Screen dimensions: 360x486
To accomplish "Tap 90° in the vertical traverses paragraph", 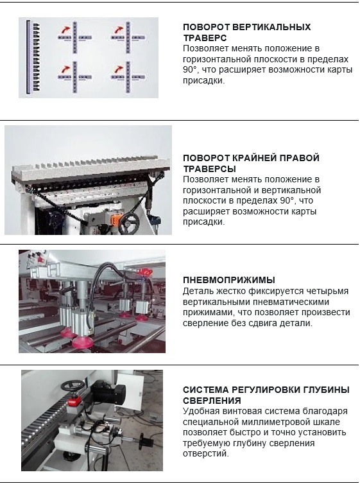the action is click(x=190, y=70).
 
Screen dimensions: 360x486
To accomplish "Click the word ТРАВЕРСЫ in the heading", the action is click(x=209, y=169).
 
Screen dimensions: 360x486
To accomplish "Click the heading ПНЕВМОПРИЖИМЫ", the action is click(x=229, y=280).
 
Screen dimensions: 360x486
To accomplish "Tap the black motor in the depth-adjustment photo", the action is click(x=108, y=393).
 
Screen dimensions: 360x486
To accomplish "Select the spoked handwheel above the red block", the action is click(x=72, y=386).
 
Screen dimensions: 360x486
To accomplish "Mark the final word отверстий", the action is click(x=206, y=454).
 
